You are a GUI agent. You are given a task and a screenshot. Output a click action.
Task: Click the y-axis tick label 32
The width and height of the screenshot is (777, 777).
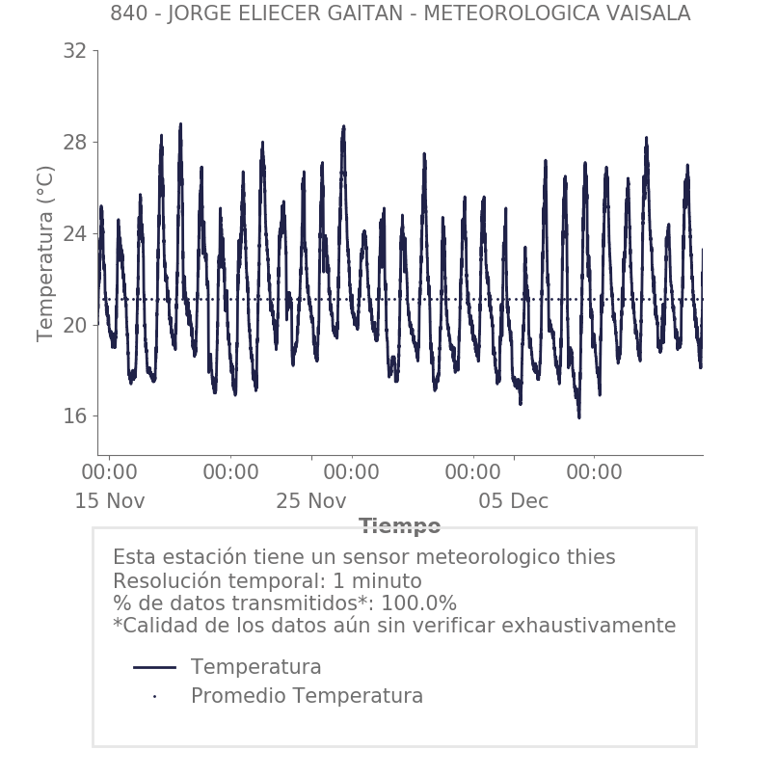coord(74,51)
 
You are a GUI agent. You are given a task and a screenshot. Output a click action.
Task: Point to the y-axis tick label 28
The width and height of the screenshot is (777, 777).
coord(74,143)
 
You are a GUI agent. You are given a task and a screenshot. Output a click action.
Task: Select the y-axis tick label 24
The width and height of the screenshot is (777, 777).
coord(74,234)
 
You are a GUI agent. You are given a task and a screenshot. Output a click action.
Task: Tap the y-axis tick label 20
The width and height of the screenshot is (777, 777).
coord(74,325)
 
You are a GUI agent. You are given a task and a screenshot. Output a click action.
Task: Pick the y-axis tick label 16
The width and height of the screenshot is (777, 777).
coord(74,416)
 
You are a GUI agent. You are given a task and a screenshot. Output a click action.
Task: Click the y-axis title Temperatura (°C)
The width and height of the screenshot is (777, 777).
coord(45,253)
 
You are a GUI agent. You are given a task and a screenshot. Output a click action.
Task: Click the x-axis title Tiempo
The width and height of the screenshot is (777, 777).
coord(399,526)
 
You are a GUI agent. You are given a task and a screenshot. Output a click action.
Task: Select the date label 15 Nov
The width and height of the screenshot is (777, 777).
coord(110,501)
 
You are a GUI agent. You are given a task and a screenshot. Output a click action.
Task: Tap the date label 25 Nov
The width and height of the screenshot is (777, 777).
coord(310,501)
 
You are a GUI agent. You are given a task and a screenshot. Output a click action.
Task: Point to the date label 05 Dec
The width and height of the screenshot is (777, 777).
coord(513,501)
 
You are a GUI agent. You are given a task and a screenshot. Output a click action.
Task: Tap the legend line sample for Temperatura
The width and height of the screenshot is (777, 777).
coord(154,667)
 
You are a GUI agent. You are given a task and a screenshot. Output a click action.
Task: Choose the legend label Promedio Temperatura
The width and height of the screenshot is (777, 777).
coord(307,696)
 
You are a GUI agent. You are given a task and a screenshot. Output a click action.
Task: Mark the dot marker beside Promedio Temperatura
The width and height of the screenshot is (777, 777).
coord(154,696)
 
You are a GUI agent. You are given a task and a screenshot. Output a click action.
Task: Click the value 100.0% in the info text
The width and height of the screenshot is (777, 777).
coord(419,603)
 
